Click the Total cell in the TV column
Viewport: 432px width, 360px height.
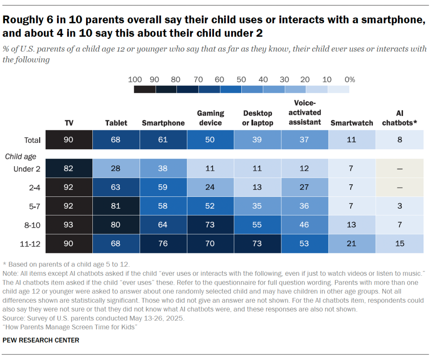click(68, 140)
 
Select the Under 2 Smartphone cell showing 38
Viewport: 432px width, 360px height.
click(163, 169)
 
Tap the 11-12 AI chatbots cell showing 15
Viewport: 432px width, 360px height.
click(400, 244)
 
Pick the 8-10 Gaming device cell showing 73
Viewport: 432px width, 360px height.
click(210, 225)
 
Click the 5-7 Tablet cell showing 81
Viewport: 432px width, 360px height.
click(116, 206)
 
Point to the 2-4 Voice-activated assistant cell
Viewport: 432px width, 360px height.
click(304, 188)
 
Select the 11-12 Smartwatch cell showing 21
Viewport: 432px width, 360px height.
click(351, 244)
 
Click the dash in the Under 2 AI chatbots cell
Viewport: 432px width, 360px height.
click(400, 169)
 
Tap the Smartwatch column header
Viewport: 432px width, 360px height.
click(351, 123)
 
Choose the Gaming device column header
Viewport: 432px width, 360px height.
click(210, 118)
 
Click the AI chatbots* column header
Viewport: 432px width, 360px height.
click(400, 118)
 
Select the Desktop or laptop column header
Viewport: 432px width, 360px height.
click(257, 118)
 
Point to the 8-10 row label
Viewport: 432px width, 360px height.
click(32, 225)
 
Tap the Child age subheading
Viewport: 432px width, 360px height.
click(21, 157)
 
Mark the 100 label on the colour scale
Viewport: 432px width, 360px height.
click(134, 80)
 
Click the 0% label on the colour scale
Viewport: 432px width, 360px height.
click(350, 80)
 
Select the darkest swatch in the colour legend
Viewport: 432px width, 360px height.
click(145, 89)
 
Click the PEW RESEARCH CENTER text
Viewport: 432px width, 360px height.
click(41, 340)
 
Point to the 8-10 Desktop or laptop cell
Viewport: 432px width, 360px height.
click(257, 225)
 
